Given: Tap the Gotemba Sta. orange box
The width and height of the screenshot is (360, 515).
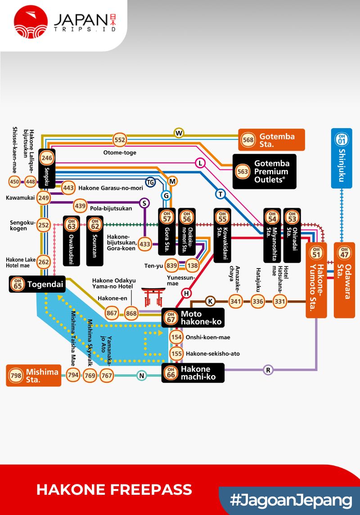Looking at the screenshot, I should [x=272, y=140].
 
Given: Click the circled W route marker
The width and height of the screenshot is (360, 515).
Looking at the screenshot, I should [x=179, y=133].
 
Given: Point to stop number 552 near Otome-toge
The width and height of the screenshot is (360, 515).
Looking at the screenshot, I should [x=120, y=140].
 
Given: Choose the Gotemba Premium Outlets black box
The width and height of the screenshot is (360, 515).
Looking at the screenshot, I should [x=265, y=171].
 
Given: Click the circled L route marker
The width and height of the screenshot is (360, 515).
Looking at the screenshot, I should [x=200, y=163].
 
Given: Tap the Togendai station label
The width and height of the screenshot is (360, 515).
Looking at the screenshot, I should [x=37, y=284].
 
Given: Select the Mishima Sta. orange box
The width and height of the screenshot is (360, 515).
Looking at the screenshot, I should [x=34, y=376].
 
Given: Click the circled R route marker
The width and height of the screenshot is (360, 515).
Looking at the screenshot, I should [x=268, y=370].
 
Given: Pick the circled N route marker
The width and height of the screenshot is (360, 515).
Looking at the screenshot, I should [x=142, y=376].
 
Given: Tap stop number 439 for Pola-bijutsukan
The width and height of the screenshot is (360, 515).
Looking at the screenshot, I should [x=80, y=206].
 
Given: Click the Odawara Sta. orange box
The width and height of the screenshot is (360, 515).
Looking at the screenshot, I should [x=344, y=280].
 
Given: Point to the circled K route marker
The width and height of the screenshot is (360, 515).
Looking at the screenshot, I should [x=210, y=301].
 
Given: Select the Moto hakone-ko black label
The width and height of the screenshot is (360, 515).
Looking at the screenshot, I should [x=193, y=318].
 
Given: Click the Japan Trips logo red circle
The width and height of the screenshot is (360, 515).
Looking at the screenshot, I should [x=31, y=22].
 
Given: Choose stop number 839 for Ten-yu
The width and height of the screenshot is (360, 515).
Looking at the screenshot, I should [x=171, y=265].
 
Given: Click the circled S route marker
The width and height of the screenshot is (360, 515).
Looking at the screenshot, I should [x=144, y=203].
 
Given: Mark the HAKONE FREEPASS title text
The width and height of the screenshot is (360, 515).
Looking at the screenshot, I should [x=114, y=490].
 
